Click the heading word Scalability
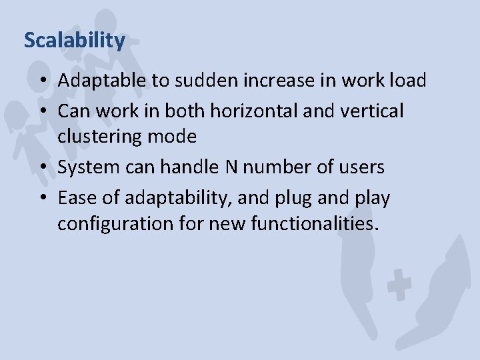(74, 41)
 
